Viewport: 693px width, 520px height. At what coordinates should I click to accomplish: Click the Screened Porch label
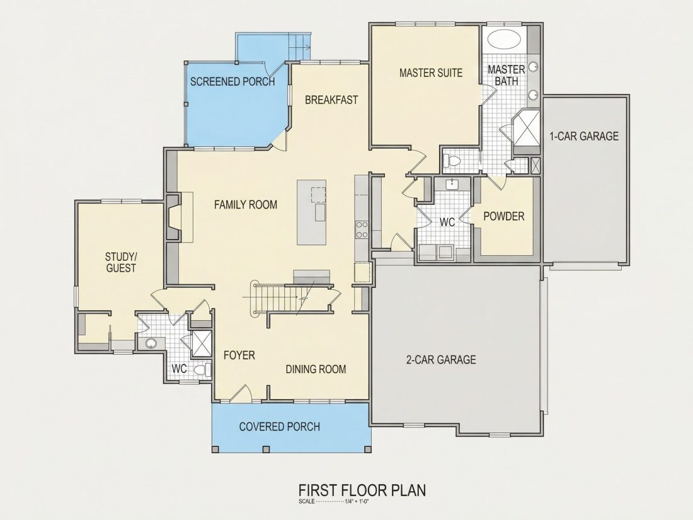pyautogui.click(x=232, y=81)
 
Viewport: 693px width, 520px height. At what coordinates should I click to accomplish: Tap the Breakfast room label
pyautogui.click(x=331, y=100)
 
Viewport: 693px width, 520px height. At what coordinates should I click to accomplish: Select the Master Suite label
pyautogui.click(x=431, y=72)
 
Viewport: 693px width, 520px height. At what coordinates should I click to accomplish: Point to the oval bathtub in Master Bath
pyautogui.click(x=504, y=39)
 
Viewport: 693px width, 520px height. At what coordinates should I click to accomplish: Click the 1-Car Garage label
pyautogui.click(x=584, y=136)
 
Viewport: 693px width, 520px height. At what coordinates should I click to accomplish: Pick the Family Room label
pyautogui.click(x=246, y=205)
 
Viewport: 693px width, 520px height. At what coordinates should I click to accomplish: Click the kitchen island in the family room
pyautogui.click(x=312, y=212)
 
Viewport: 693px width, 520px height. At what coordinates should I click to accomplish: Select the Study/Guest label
pyautogui.click(x=121, y=262)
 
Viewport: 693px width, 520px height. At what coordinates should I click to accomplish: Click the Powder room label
pyautogui.click(x=504, y=216)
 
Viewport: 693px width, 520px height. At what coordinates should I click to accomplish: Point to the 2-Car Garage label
pyautogui.click(x=441, y=359)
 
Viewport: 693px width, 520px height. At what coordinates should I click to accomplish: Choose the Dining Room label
pyautogui.click(x=316, y=369)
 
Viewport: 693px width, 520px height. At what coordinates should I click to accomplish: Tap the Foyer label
pyautogui.click(x=239, y=355)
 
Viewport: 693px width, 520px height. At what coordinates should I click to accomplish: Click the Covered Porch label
pyautogui.click(x=279, y=427)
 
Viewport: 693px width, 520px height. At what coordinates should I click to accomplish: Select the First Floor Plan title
pyautogui.click(x=362, y=490)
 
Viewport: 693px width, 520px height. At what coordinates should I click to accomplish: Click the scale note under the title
pyautogui.click(x=334, y=502)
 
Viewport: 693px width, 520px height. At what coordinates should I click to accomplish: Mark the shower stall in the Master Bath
pyautogui.click(x=527, y=127)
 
